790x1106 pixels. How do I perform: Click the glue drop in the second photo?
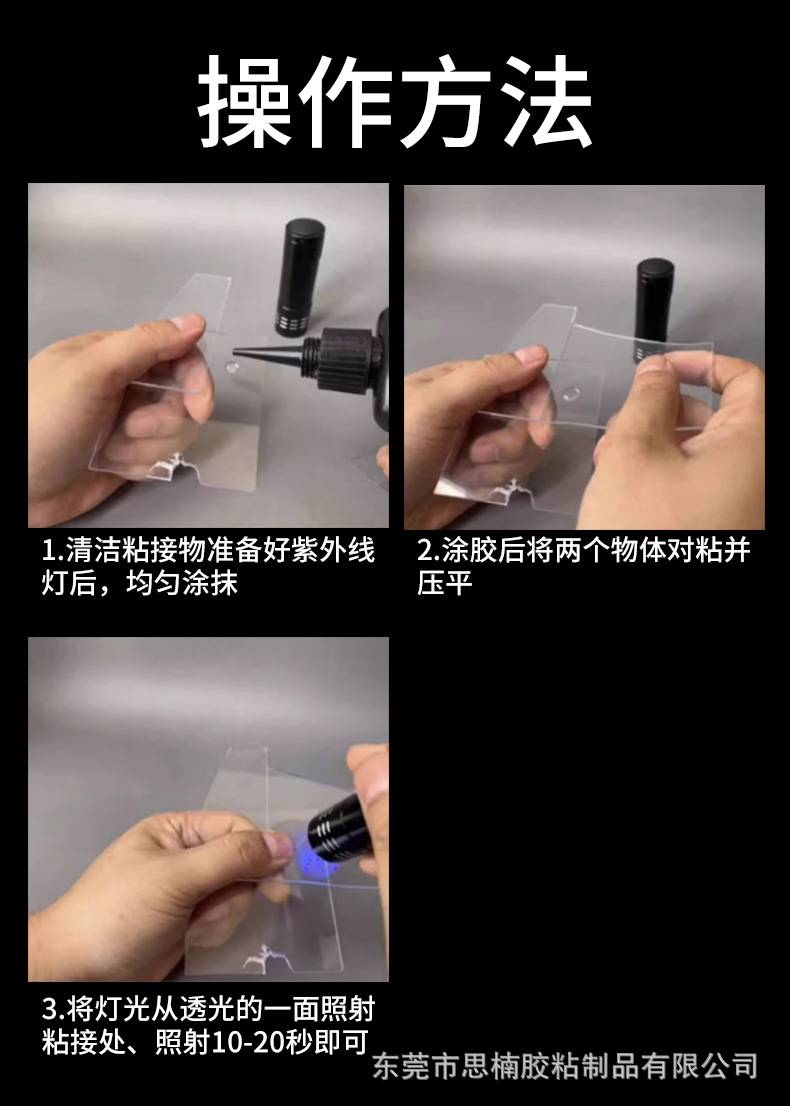[x=574, y=391]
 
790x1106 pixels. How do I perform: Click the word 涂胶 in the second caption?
[x=470, y=551]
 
